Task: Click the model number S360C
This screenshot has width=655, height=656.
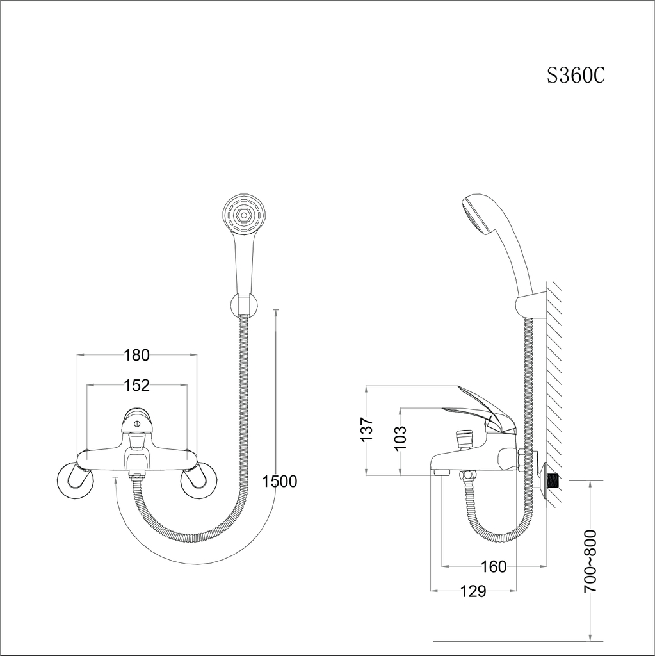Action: (x=576, y=76)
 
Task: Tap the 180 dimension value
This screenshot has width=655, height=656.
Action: (x=136, y=355)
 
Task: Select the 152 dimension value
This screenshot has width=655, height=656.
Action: (x=137, y=385)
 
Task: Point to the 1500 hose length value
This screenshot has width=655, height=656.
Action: (x=280, y=481)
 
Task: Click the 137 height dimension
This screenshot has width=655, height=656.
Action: (x=366, y=429)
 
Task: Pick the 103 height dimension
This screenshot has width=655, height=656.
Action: (x=399, y=438)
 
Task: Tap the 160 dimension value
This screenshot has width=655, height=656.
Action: (x=494, y=566)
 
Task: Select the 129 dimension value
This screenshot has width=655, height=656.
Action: (x=473, y=591)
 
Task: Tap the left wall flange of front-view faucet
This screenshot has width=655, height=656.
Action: (x=74, y=481)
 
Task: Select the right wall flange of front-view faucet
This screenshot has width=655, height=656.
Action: (x=198, y=481)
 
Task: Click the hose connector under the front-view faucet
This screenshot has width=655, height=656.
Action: (x=136, y=476)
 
